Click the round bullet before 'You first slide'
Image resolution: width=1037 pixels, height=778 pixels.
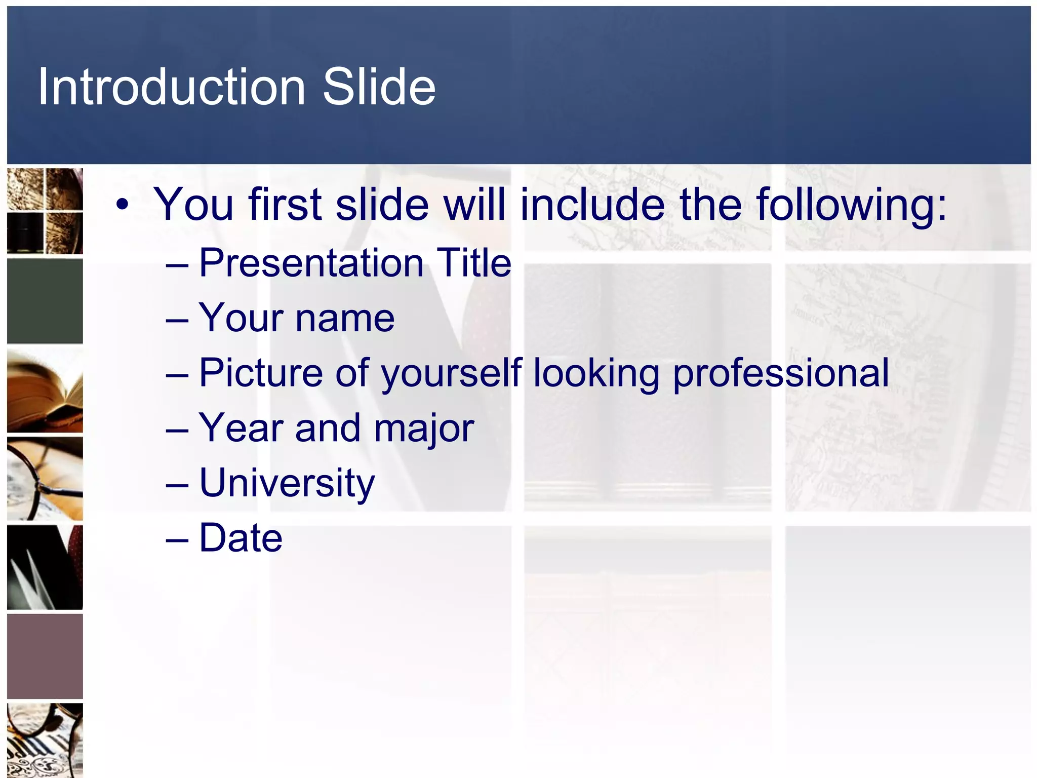[x=122, y=205]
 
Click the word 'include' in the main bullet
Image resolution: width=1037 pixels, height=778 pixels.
[x=592, y=204]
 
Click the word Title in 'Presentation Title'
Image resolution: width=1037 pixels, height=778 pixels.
[x=474, y=263]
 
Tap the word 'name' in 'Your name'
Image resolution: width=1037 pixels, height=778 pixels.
[x=344, y=318]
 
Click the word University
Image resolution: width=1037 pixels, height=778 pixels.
[x=287, y=483]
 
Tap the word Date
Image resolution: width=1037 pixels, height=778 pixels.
[x=241, y=537]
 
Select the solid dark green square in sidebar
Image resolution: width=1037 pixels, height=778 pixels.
[x=45, y=301]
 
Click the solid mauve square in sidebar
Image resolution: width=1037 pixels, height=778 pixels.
[x=45, y=656]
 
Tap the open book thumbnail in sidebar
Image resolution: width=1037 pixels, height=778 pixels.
[x=45, y=391]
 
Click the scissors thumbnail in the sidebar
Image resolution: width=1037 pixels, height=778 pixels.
[x=45, y=567]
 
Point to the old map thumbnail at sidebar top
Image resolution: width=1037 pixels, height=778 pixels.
[x=45, y=211]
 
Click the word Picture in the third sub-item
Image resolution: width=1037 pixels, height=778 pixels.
[x=261, y=373]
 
